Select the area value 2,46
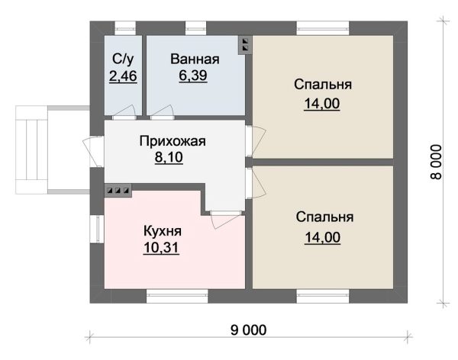pos(123,76)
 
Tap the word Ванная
pos(195,59)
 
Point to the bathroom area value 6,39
pos(195,76)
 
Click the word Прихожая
pos(173,141)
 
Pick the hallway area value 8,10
pos(173,158)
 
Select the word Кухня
pos(162,230)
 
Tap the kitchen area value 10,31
pos(162,247)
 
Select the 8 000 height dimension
pos(435,162)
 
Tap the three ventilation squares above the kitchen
pos(118,189)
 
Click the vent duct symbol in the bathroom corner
pos(245,44)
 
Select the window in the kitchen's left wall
pos(97,229)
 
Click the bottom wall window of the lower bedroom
pos(322,296)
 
